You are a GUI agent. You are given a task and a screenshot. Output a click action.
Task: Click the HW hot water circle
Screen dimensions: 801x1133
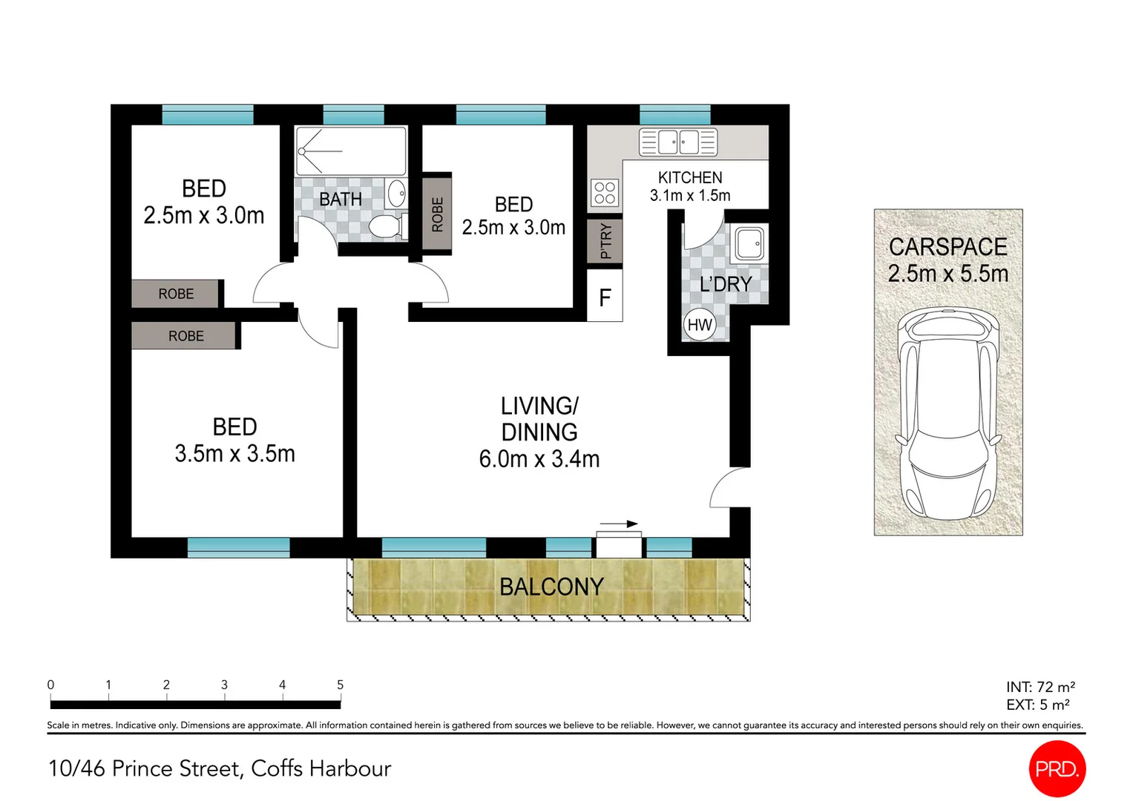click(x=699, y=325)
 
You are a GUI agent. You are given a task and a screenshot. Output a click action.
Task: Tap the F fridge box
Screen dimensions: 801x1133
click(x=605, y=298)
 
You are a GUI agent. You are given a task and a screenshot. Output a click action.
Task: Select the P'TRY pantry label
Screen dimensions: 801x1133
click(x=605, y=241)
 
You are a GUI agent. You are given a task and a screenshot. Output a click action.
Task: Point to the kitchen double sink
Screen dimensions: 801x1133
click(x=678, y=142)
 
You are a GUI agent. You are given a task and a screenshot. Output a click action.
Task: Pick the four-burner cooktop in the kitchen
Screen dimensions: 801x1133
click(x=605, y=193)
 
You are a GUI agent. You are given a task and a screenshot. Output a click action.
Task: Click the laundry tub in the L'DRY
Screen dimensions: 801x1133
click(x=749, y=243)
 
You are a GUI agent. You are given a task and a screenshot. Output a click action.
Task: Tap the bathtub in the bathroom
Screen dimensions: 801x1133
click(x=351, y=151)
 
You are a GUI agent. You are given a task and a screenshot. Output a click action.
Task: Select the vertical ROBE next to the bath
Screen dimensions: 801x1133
click(x=437, y=214)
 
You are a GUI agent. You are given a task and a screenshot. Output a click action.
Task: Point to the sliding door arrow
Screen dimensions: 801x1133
click(x=619, y=524)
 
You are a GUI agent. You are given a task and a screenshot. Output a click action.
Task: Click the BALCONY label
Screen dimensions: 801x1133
click(x=551, y=587)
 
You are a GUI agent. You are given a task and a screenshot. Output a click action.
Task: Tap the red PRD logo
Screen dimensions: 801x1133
click(x=1057, y=768)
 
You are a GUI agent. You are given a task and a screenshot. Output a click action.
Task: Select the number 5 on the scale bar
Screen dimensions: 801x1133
click(x=340, y=685)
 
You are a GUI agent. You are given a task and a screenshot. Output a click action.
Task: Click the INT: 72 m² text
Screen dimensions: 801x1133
click(x=1040, y=687)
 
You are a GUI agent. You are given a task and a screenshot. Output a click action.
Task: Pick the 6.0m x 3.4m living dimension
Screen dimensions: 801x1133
click(x=539, y=459)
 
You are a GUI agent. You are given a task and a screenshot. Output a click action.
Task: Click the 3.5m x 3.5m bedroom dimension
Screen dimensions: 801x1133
click(x=234, y=453)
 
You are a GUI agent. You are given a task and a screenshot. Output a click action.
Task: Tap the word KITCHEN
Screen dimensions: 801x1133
click(x=690, y=177)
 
